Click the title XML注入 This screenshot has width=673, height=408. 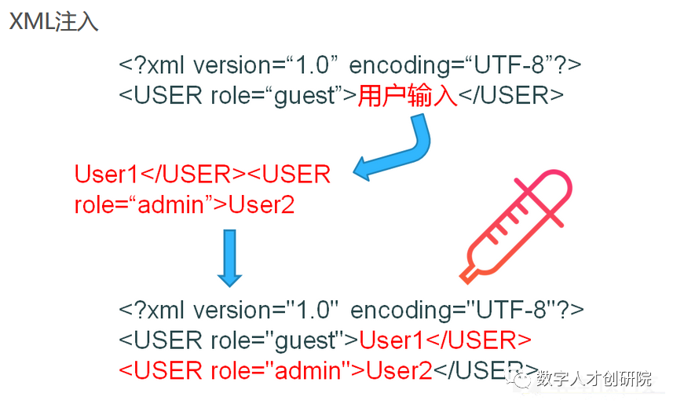click(x=53, y=21)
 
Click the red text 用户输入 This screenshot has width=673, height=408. click(x=408, y=96)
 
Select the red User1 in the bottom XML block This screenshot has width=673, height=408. click(x=390, y=340)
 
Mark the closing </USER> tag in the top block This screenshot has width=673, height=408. click(x=511, y=96)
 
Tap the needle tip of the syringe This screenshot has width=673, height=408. click(x=464, y=278)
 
